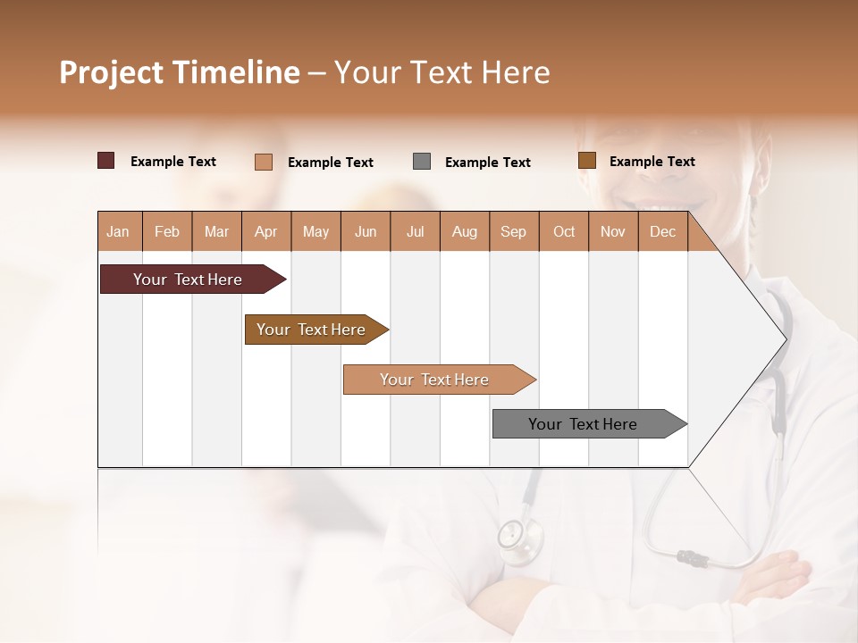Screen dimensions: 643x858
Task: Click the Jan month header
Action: pyautogui.click(x=118, y=232)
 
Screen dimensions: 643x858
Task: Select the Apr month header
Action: pyautogui.click(x=266, y=232)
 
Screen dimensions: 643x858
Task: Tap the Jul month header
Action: pyautogui.click(x=415, y=232)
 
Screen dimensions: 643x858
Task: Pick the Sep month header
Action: pyautogui.click(x=513, y=232)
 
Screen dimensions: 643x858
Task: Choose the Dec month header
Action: pyautogui.click(x=662, y=232)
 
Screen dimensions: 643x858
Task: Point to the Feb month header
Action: pyautogui.click(x=167, y=232)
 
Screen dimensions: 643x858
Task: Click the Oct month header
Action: pyautogui.click(x=564, y=232)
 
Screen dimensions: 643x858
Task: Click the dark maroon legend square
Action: pyautogui.click(x=106, y=161)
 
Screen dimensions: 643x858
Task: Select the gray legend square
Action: pyautogui.click(x=422, y=162)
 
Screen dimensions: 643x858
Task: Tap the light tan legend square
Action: pyautogui.click(x=264, y=162)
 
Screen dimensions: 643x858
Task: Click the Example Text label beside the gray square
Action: pyautogui.click(x=488, y=163)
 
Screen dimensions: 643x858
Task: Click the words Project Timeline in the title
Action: pyautogui.click(x=179, y=72)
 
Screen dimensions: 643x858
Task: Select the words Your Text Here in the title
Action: pyautogui.click(x=442, y=72)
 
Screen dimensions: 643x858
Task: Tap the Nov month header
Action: pyautogui.click(x=613, y=232)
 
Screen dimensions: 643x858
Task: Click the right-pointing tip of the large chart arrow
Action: pyautogui.click(x=784, y=338)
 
